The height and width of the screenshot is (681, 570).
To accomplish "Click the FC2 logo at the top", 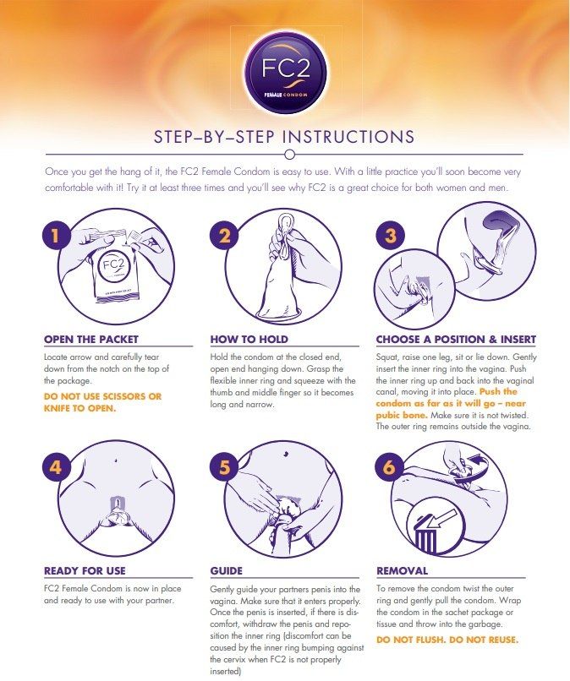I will coord(284,68).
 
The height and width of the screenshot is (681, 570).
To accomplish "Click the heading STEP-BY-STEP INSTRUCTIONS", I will coord(284,137).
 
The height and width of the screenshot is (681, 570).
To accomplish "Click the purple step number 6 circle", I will coord(391,466).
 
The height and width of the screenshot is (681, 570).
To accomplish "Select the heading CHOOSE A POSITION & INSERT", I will coord(456,340).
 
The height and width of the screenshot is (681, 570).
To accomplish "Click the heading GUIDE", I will coord(226,570).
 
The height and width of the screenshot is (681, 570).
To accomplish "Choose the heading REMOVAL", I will coord(402,570).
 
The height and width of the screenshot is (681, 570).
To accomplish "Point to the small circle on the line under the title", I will coord(289,154).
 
